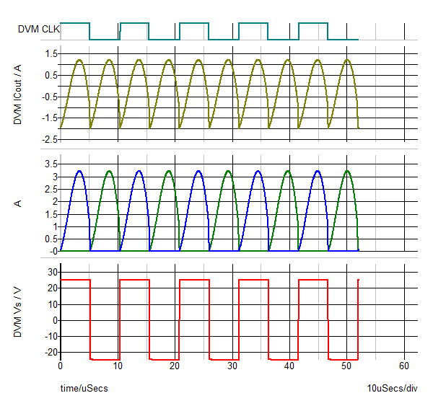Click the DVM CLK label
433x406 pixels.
point(39,30)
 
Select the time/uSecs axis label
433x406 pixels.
point(84,389)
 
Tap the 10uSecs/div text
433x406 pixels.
point(392,389)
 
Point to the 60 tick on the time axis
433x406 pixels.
point(404,366)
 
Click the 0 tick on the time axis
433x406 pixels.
point(61,366)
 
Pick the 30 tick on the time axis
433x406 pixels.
point(232,366)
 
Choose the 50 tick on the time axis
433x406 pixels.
point(347,366)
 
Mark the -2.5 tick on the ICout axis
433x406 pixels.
point(49,139)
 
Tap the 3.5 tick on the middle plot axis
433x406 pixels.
point(51,164)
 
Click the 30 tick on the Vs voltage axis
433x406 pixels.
point(51,271)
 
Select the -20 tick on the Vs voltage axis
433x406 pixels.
point(50,352)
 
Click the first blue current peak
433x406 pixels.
point(79,171)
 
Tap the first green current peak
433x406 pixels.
point(109,171)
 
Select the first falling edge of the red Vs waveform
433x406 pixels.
point(90,317)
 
